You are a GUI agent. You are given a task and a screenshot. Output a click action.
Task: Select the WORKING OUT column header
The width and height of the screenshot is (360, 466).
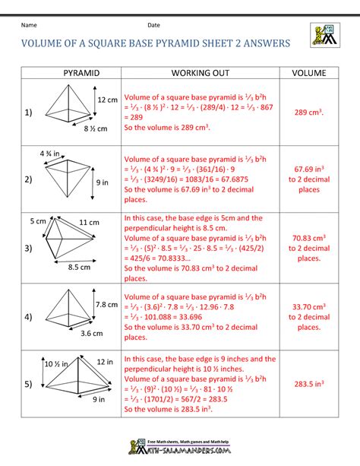[197, 73]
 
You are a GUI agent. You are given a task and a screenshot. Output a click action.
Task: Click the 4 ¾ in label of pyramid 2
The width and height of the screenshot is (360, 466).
[51, 154]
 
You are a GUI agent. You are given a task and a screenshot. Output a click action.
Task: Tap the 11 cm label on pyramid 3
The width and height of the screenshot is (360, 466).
[90, 223]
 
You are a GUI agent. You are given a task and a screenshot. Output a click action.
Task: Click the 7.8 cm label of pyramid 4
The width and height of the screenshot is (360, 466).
[107, 305]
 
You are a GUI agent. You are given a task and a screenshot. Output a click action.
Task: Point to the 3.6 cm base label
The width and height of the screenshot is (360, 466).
[91, 334]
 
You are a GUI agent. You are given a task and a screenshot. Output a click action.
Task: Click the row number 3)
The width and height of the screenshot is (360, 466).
[28, 249]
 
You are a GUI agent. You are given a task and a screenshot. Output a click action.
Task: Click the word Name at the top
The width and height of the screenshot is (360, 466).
[29, 26]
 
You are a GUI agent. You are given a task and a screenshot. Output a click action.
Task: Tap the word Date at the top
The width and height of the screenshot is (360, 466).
[154, 26]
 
